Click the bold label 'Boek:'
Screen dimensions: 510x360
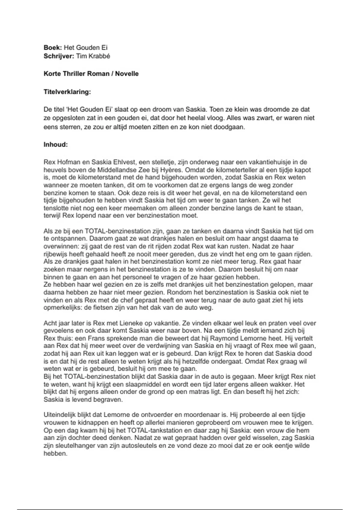click(53, 48)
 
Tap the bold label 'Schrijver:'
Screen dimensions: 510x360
click(59, 56)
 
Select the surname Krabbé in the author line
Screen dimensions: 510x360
click(99, 56)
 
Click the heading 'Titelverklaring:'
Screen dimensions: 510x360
click(67, 92)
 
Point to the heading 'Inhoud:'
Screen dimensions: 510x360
click(56, 145)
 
